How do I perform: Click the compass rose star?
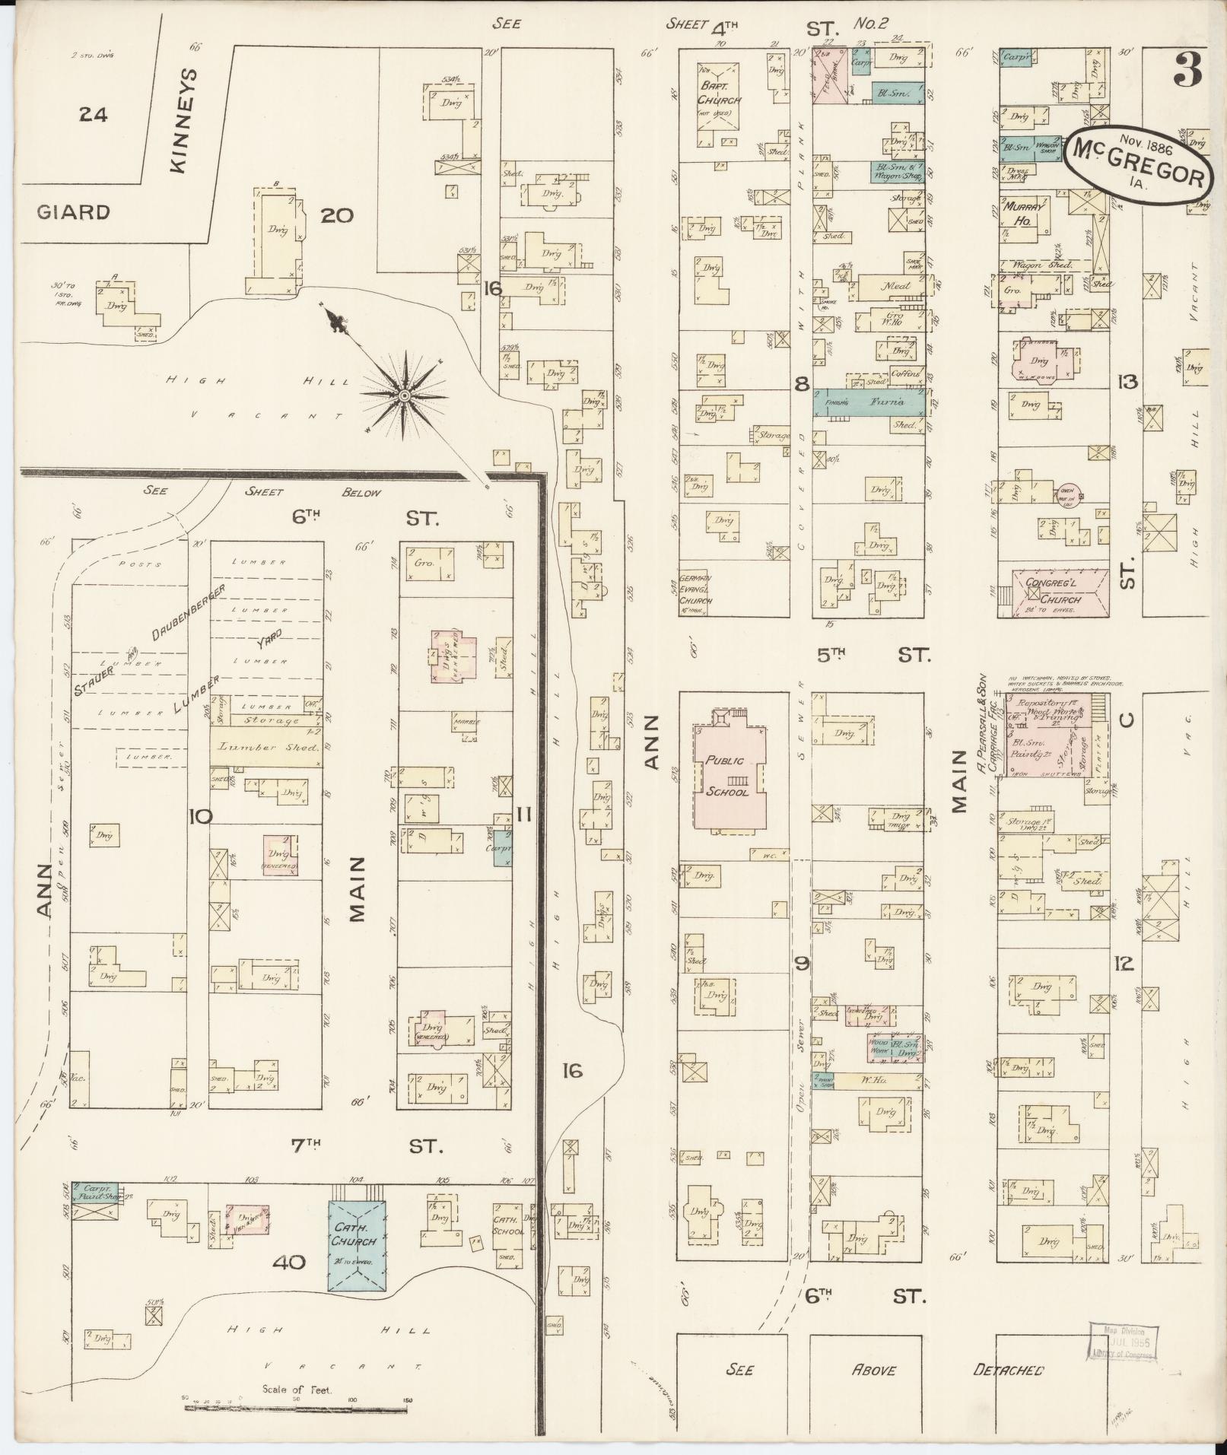point(405,396)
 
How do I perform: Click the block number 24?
point(93,115)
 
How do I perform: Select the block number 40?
point(289,1263)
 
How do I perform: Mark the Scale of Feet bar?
point(297,1408)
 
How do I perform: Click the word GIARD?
point(72,212)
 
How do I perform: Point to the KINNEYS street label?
point(184,122)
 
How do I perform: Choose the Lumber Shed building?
point(266,748)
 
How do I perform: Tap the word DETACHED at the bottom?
point(1009,1370)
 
